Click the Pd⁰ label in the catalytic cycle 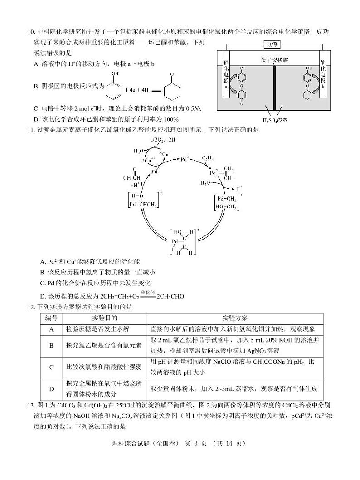pyautogui.click(x=156, y=171)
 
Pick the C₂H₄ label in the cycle pyautogui.click(x=208, y=158)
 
